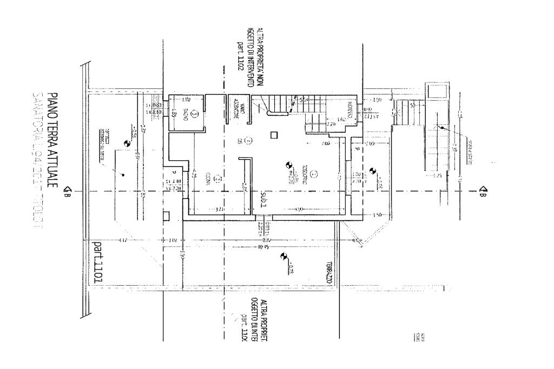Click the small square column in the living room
pyautogui.click(x=274, y=135)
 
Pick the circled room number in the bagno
pyautogui.click(x=194, y=114)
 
